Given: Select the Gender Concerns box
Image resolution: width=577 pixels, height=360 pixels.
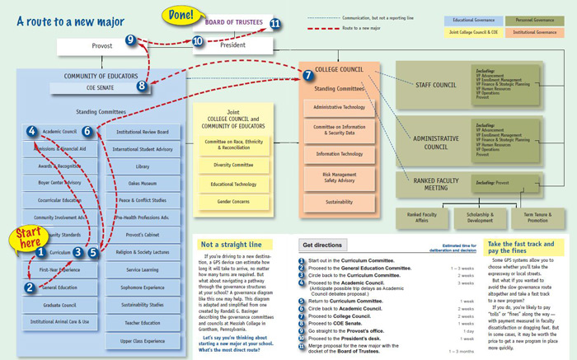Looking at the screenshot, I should coord(233,200).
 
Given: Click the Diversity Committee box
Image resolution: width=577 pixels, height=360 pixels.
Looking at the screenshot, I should coord(233,164).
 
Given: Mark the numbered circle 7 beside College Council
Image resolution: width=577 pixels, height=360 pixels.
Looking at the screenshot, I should coord(307,75).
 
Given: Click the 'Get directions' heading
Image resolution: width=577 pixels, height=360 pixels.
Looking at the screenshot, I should coord(323,245).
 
